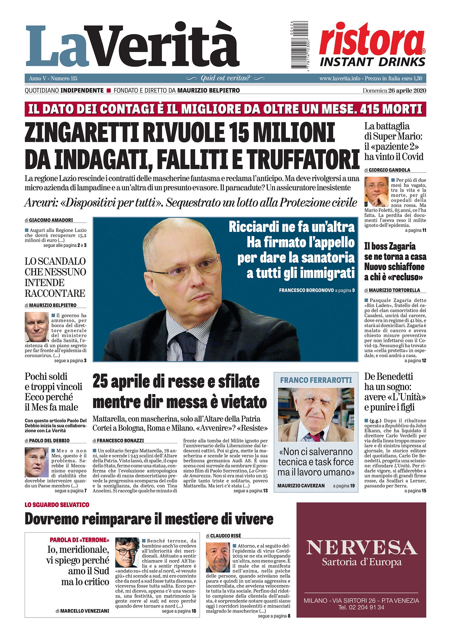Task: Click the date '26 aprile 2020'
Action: tap(407, 90)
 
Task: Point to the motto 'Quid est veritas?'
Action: tap(225, 78)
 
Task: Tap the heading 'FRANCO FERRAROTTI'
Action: tap(316, 380)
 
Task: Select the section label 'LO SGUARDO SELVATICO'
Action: tap(57, 513)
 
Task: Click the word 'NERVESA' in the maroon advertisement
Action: tap(362, 548)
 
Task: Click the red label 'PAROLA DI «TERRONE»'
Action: tap(79, 540)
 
